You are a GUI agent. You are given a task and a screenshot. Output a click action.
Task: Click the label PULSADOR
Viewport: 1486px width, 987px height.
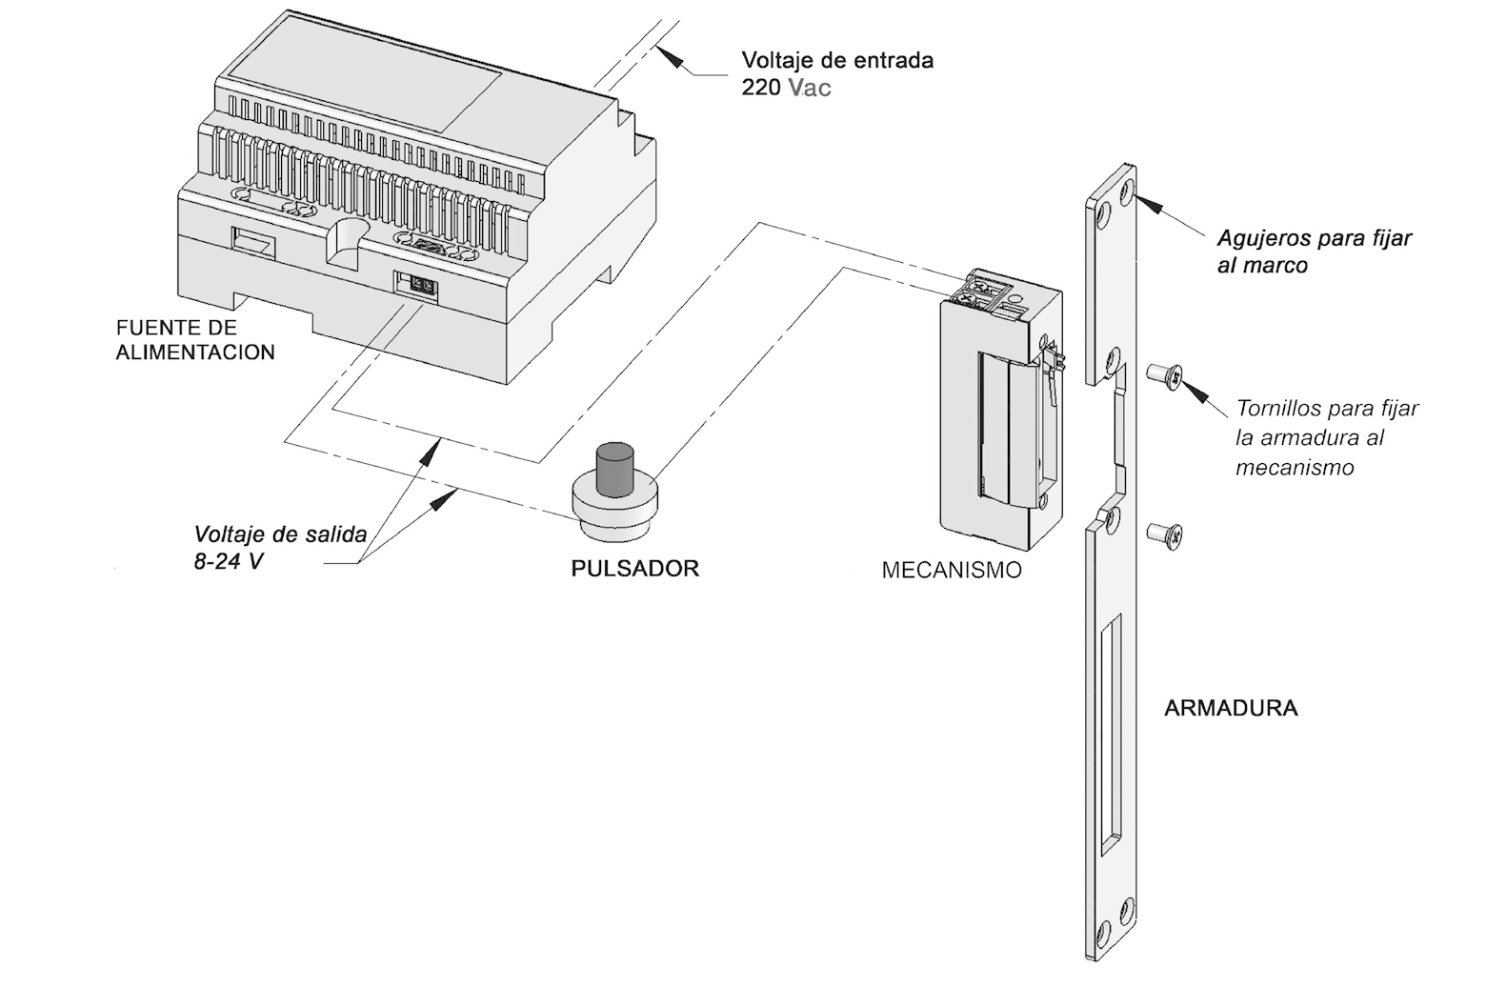(634, 569)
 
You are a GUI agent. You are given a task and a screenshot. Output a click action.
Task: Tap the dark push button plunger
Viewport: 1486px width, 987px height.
(615, 469)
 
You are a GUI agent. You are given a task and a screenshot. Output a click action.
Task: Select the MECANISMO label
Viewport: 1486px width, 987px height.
(951, 571)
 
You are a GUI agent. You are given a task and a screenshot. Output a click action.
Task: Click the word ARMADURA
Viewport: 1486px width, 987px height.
(1231, 709)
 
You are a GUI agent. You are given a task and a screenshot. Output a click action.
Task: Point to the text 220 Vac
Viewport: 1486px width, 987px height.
(786, 89)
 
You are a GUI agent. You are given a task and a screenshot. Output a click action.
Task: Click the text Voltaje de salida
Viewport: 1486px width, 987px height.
(280, 534)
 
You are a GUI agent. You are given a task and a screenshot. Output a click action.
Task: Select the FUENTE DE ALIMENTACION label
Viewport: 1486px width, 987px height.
(195, 340)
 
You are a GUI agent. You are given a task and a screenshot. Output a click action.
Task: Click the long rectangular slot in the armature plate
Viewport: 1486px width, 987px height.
(1111, 730)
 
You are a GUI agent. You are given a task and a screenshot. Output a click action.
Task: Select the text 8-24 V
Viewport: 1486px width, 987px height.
(229, 561)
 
